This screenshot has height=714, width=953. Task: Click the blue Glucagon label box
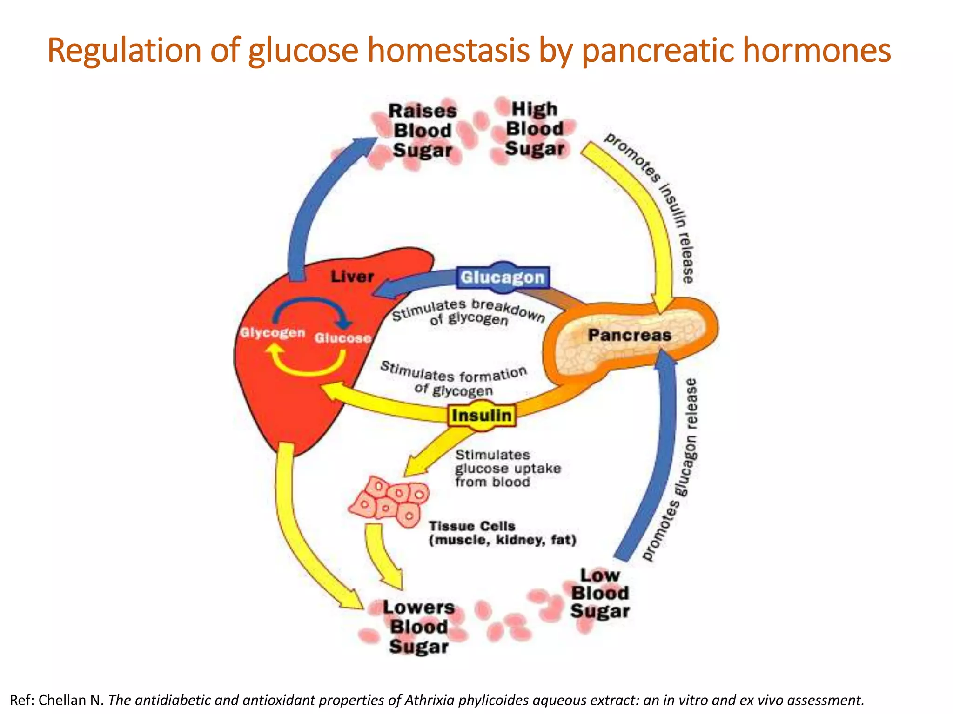tap(503, 278)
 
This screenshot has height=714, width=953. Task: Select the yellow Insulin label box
tap(482, 415)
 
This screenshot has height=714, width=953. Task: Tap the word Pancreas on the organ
tap(629, 335)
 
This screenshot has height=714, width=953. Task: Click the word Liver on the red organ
tap(352, 277)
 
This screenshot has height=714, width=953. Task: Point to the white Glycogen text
tap(273, 333)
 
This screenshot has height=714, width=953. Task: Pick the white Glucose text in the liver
tap(343, 338)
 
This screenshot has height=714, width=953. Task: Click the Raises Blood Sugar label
tap(423, 131)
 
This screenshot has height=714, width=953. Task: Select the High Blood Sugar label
tap(535, 129)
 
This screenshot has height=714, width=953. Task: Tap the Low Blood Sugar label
tap(600, 593)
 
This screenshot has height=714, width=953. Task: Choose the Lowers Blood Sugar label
tap(419, 627)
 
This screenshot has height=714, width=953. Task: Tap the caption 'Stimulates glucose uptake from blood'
tap(507, 468)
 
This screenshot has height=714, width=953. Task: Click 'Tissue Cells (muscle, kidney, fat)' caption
tap(502, 533)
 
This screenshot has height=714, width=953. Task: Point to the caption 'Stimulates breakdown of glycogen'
tap(468, 312)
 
